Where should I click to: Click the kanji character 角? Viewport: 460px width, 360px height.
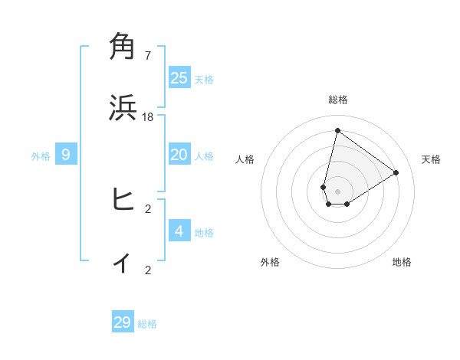tap(123, 47)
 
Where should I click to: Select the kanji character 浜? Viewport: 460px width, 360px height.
tap(123, 108)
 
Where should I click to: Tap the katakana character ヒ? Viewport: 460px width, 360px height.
tap(123, 200)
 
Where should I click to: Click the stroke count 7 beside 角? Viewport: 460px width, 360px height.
tap(148, 55)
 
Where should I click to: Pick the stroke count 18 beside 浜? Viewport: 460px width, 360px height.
tap(148, 116)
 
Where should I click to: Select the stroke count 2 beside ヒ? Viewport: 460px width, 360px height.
tap(148, 208)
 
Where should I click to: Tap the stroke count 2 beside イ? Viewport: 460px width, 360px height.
tap(148, 270)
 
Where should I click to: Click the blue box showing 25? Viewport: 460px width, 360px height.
tap(179, 78)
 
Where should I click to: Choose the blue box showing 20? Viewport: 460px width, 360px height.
tap(179, 155)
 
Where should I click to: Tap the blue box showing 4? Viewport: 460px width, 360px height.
tap(179, 231)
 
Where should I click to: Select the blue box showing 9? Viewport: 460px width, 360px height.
tap(66, 155)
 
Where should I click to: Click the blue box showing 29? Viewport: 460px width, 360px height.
tap(123, 322)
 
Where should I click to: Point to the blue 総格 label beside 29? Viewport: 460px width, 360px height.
tap(147, 324)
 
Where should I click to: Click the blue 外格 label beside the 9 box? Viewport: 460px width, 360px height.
tap(41, 156)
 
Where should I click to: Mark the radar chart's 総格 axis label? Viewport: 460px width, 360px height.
tap(338, 100)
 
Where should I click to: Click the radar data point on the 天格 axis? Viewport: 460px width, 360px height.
tap(396, 173)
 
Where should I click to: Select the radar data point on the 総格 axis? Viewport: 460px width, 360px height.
tap(337, 130)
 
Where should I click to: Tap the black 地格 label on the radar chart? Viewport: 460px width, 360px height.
tap(402, 262)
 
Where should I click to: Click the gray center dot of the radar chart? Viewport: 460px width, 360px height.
tap(337, 191)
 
